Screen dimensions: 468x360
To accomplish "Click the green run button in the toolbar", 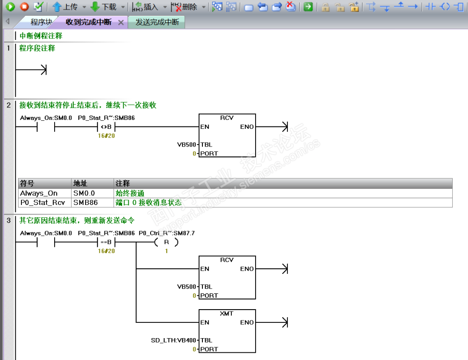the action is (x=10, y=7).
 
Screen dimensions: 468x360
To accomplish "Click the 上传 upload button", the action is (x=65, y=7).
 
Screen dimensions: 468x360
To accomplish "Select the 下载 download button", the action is (x=103, y=7).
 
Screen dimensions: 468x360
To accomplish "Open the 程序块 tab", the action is (x=41, y=22).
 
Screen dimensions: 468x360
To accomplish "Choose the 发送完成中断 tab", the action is (x=157, y=22).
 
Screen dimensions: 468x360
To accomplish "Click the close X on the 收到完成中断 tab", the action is (x=121, y=22).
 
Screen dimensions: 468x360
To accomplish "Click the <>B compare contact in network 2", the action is (x=106, y=127).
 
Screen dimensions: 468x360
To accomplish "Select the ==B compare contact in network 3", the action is (x=106, y=242).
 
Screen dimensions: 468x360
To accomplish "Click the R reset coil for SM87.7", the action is (x=167, y=242).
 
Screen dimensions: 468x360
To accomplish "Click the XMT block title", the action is (x=227, y=313).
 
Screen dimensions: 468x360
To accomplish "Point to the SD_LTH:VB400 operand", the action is (x=173, y=341).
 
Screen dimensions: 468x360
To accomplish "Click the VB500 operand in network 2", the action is (x=187, y=145).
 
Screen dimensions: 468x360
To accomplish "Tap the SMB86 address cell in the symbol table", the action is (x=86, y=203).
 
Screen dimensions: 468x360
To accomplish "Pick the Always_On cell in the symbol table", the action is (x=39, y=193).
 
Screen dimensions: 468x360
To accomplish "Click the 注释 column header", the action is (x=123, y=183).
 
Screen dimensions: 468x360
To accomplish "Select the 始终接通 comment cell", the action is (x=130, y=193).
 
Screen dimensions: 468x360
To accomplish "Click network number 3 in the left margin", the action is (x=9, y=221).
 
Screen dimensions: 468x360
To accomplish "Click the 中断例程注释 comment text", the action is (x=41, y=36).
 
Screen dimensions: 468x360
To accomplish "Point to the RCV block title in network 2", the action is (x=227, y=118).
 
